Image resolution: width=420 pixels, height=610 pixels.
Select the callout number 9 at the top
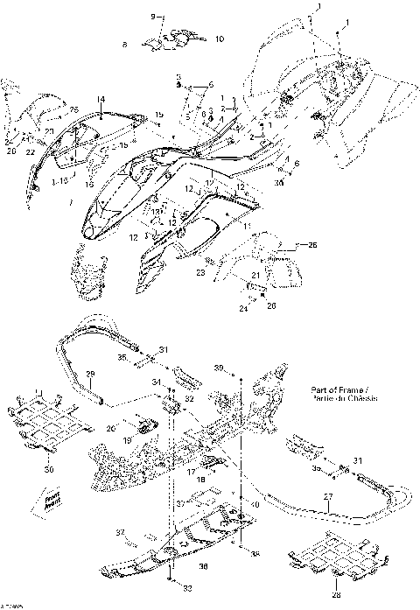[x=151, y=17]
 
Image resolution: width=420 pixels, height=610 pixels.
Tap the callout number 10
[x=219, y=39]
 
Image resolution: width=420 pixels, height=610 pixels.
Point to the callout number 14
[x=101, y=100]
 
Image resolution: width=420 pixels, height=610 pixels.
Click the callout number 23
[x=200, y=273]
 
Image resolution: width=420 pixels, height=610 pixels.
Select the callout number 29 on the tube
[x=88, y=374]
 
